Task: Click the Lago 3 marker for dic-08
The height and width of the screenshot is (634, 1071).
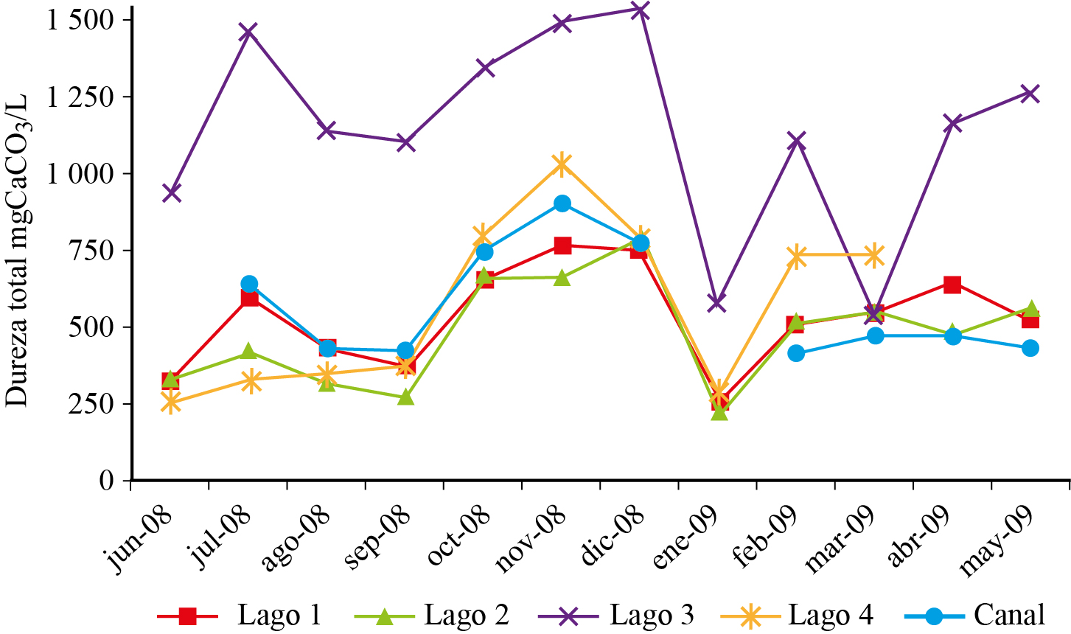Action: [640, 10]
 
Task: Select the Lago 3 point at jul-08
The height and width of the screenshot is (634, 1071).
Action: [248, 32]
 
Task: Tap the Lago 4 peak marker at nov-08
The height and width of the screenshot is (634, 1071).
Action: [562, 164]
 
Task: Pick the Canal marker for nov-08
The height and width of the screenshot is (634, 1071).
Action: [562, 203]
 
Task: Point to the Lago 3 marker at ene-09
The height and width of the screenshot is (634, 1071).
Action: [717, 303]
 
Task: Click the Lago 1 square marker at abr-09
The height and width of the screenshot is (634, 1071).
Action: [952, 285]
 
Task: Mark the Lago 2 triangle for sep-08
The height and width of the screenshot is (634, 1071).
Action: [405, 397]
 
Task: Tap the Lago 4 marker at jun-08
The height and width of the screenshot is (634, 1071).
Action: [171, 403]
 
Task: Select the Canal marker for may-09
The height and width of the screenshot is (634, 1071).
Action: [1030, 348]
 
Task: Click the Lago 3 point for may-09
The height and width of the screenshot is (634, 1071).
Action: [1030, 94]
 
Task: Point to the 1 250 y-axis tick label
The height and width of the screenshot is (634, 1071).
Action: [82, 97]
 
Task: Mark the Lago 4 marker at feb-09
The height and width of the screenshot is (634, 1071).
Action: [796, 256]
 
